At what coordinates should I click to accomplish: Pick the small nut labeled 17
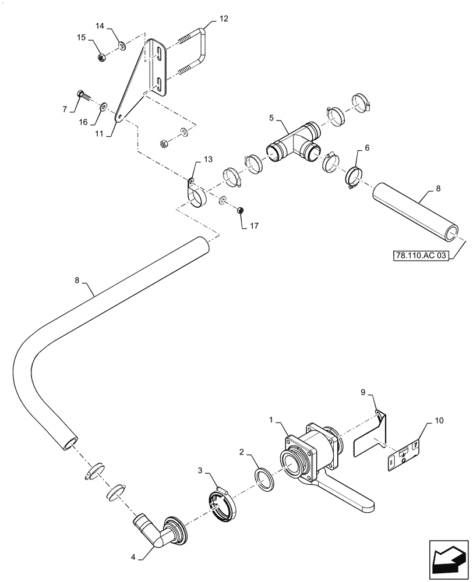pos(240,210)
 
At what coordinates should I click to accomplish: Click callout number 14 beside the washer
pos(100,26)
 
